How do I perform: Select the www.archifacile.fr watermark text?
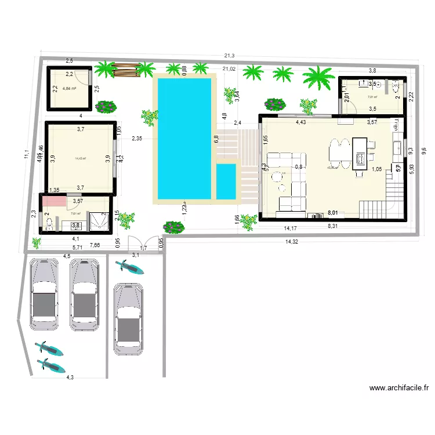[x=398, y=389]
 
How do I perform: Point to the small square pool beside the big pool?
[x=226, y=180]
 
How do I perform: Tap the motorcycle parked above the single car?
[x=130, y=267]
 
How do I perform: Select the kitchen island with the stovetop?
[x=360, y=153]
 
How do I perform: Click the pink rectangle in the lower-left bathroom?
[x=54, y=201]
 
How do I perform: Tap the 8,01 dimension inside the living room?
[x=333, y=213]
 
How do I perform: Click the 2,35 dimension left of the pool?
[x=137, y=139]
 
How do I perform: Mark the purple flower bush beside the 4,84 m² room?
[x=105, y=107]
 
